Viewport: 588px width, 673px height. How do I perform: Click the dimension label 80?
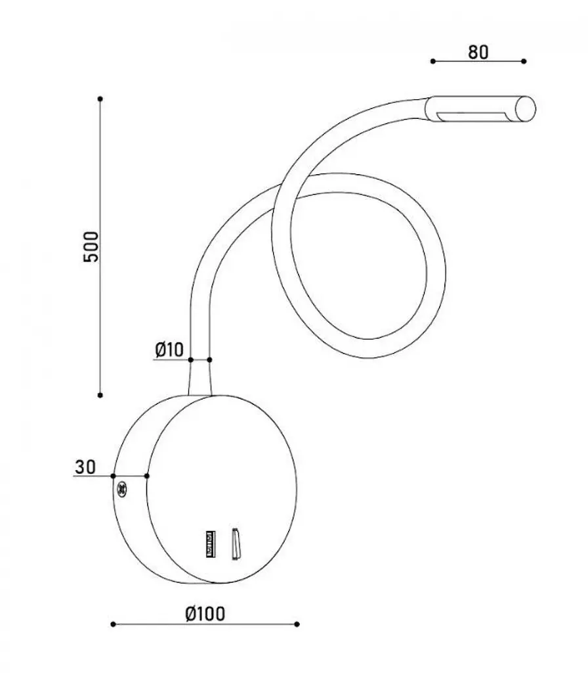click(478, 52)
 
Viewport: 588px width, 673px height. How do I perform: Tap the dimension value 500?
click(91, 246)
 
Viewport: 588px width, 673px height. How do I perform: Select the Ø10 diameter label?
click(169, 350)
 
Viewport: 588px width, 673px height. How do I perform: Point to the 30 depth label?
click(85, 467)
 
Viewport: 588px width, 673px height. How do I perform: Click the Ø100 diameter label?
click(205, 614)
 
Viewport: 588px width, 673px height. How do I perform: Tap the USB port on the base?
click(211, 544)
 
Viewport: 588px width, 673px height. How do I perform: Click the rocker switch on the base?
click(236, 544)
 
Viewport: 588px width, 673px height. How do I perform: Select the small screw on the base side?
click(122, 489)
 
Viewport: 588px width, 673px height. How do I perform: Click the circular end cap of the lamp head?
click(526, 109)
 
